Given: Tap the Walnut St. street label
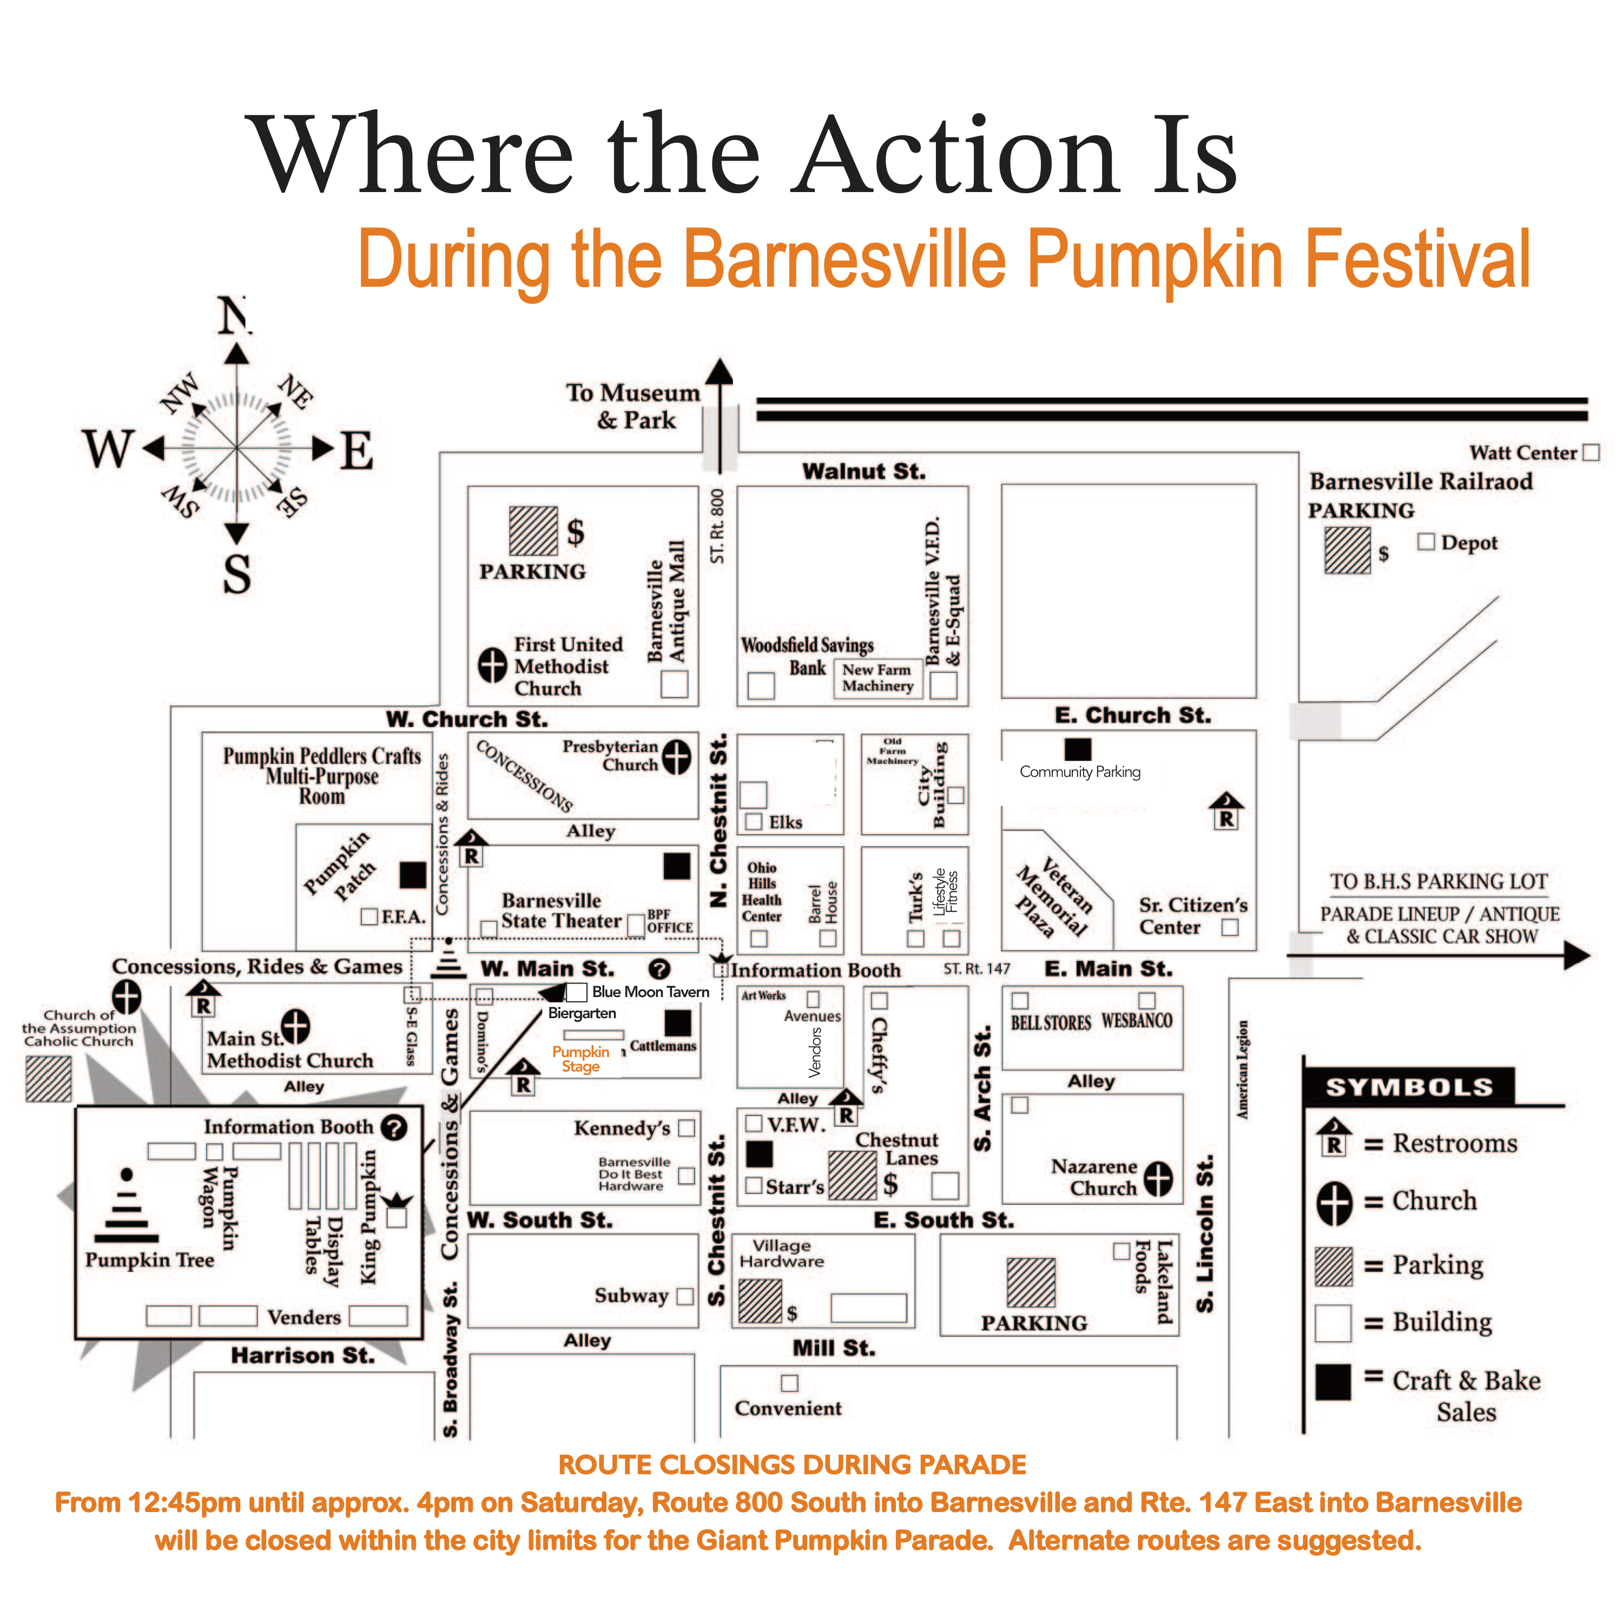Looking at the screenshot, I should click(863, 471).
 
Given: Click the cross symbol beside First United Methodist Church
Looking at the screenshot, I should click(492, 665).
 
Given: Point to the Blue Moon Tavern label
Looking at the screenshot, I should click(650, 992).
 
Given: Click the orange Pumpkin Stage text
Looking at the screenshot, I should click(580, 1059).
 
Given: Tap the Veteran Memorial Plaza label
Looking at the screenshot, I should click(1053, 896).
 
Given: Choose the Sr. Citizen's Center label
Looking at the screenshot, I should click(1192, 916).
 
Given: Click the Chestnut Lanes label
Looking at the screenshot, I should click(897, 1149).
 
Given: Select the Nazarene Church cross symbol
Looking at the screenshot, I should click(1158, 1179).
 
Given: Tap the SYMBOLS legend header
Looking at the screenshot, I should click(1409, 1087).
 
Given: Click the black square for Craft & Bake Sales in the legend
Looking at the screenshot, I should click(1333, 1382).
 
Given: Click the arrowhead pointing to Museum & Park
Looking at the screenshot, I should click(719, 373).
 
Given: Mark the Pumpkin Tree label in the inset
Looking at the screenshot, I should click(149, 1260).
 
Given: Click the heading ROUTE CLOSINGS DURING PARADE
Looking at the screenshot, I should click(792, 1465).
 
